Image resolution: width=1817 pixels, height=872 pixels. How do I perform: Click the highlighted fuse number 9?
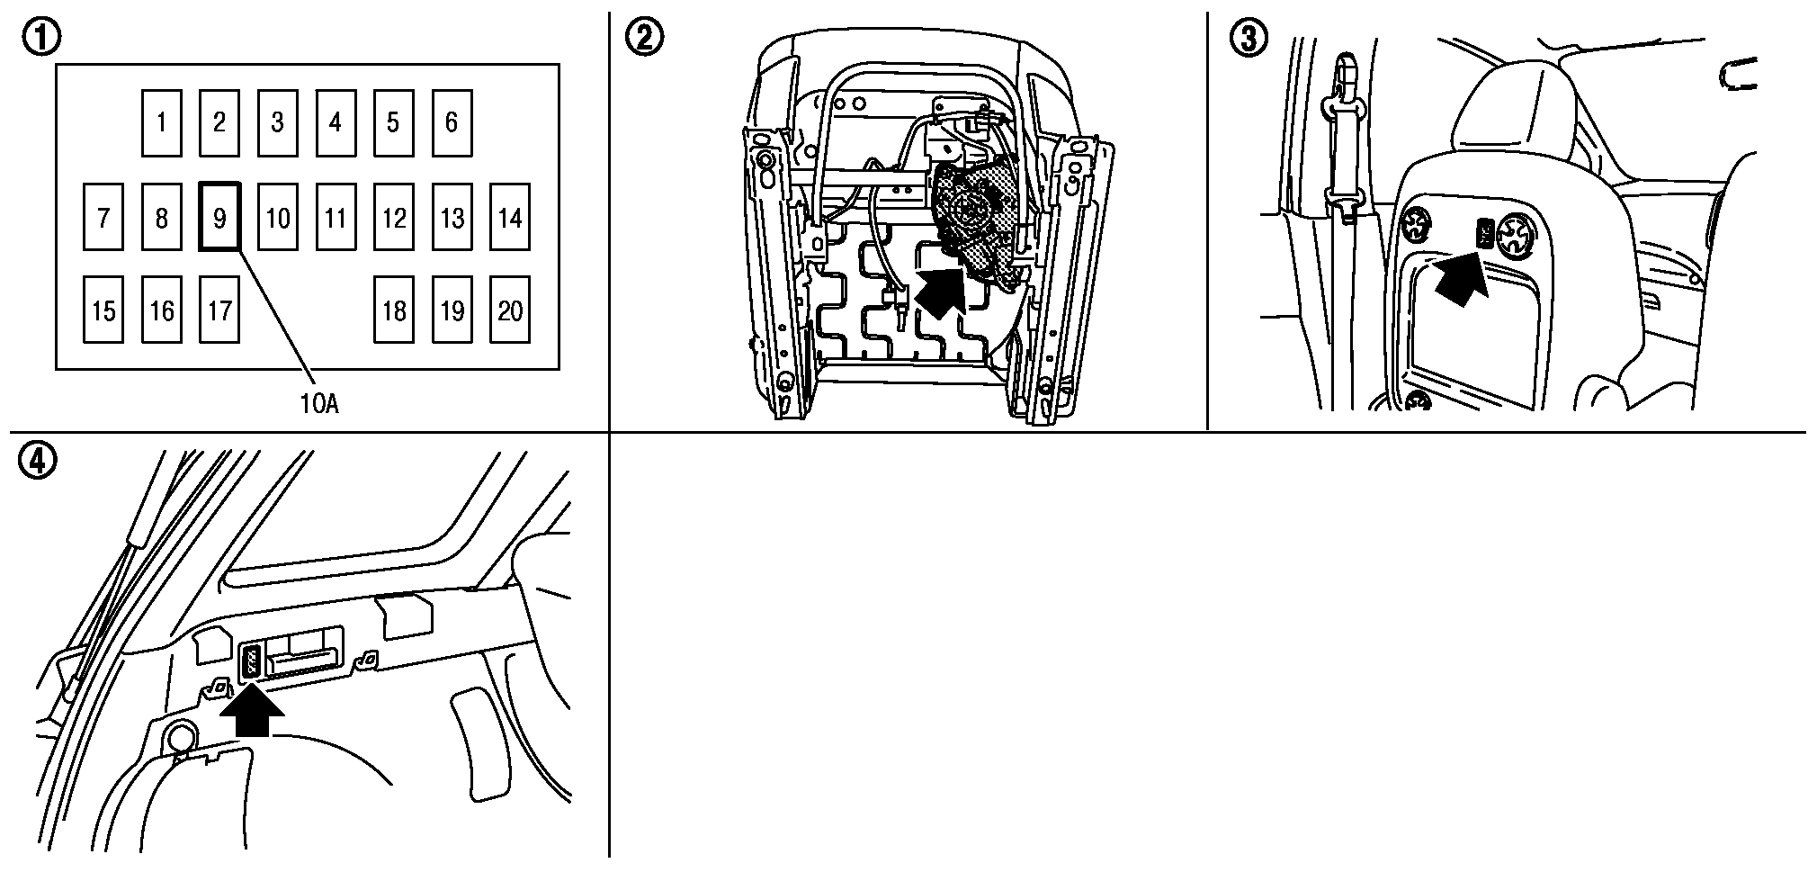click(x=219, y=217)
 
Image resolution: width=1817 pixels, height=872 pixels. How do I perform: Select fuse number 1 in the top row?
click(x=161, y=122)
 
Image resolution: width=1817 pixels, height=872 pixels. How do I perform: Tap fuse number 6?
click(x=452, y=122)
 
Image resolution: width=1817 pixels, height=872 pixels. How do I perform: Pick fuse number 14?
click(x=510, y=217)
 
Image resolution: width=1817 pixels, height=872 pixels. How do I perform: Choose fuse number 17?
click(x=219, y=310)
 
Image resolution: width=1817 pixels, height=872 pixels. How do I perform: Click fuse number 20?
click(x=510, y=310)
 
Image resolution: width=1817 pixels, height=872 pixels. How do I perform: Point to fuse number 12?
click(x=394, y=217)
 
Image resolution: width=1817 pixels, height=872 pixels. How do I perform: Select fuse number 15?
click(x=103, y=310)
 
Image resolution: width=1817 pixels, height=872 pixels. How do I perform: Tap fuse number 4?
click(x=336, y=122)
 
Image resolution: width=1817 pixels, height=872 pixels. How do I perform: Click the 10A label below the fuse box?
click(x=318, y=404)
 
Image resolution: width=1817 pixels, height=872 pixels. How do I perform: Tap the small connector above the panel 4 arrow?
click(x=251, y=661)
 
